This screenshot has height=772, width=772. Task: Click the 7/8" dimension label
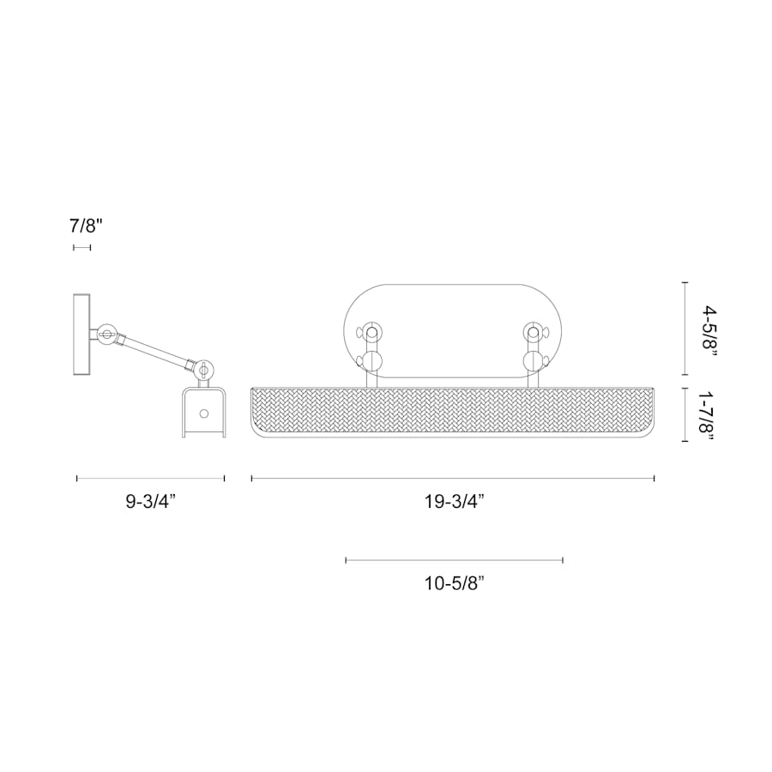coord(86,226)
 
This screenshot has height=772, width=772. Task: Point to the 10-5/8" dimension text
coord(454,584)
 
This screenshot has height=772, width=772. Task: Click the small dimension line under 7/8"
coord(82,247)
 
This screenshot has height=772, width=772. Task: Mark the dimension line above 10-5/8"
coord(454,560)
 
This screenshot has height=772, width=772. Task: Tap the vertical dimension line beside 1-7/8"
coord(684,415)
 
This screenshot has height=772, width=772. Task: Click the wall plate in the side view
coord(82,335)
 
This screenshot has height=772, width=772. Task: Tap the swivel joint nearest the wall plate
coord(107,335)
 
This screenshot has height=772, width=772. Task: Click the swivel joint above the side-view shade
coord(204,370)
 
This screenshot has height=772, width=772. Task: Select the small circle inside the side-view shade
coord(203,413)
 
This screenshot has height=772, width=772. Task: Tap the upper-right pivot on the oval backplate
coord(533,331)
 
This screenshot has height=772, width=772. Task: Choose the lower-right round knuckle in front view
coord(533,360)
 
